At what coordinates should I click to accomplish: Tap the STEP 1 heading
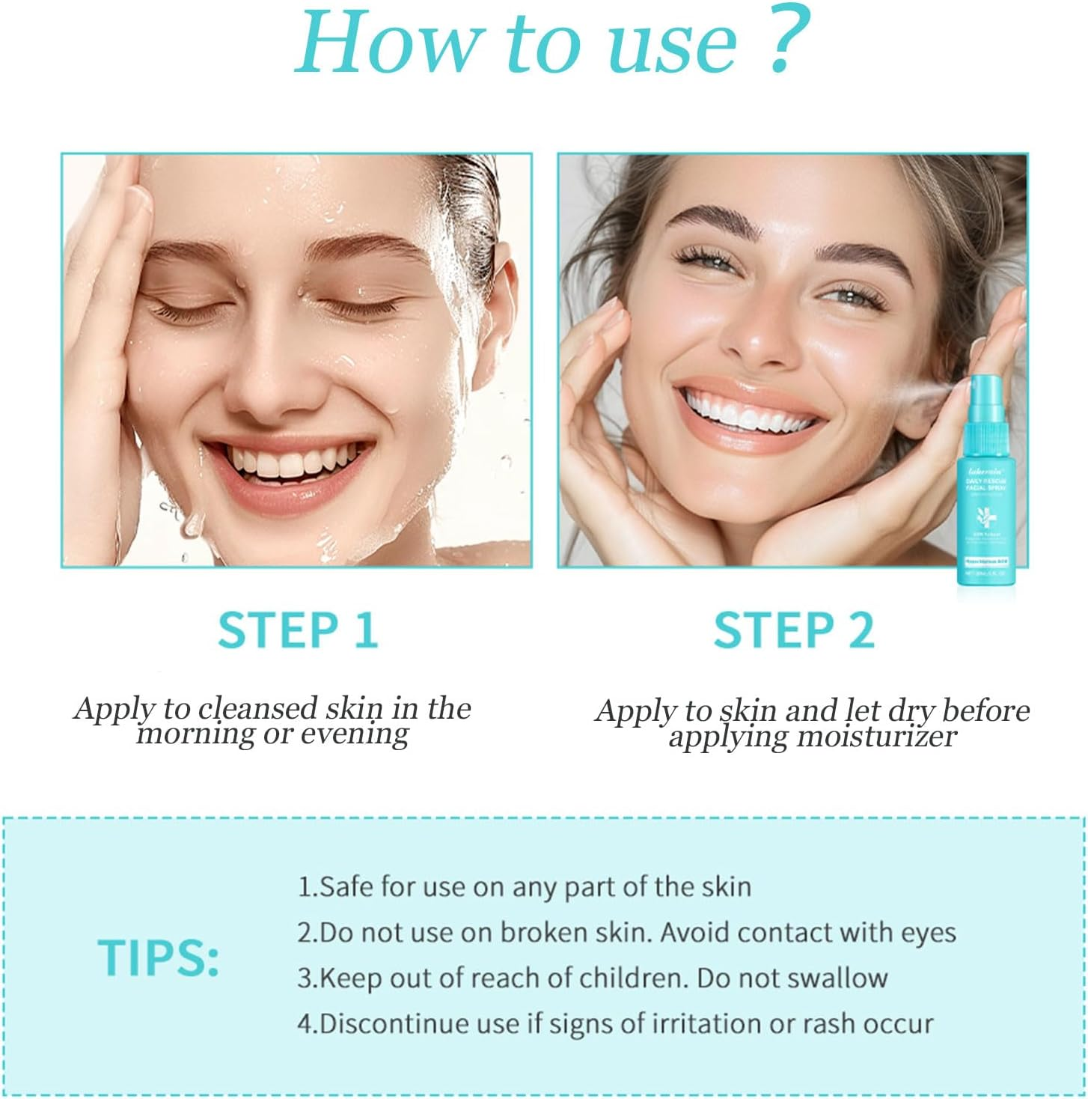[x=298, y=630]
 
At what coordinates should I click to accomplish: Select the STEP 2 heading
[x=793, y=630]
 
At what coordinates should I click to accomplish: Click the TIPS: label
[x=159, y=957]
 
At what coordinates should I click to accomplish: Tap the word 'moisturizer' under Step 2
[x=875, y=737]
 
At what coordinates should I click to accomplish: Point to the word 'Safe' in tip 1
[x=346, y=886]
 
